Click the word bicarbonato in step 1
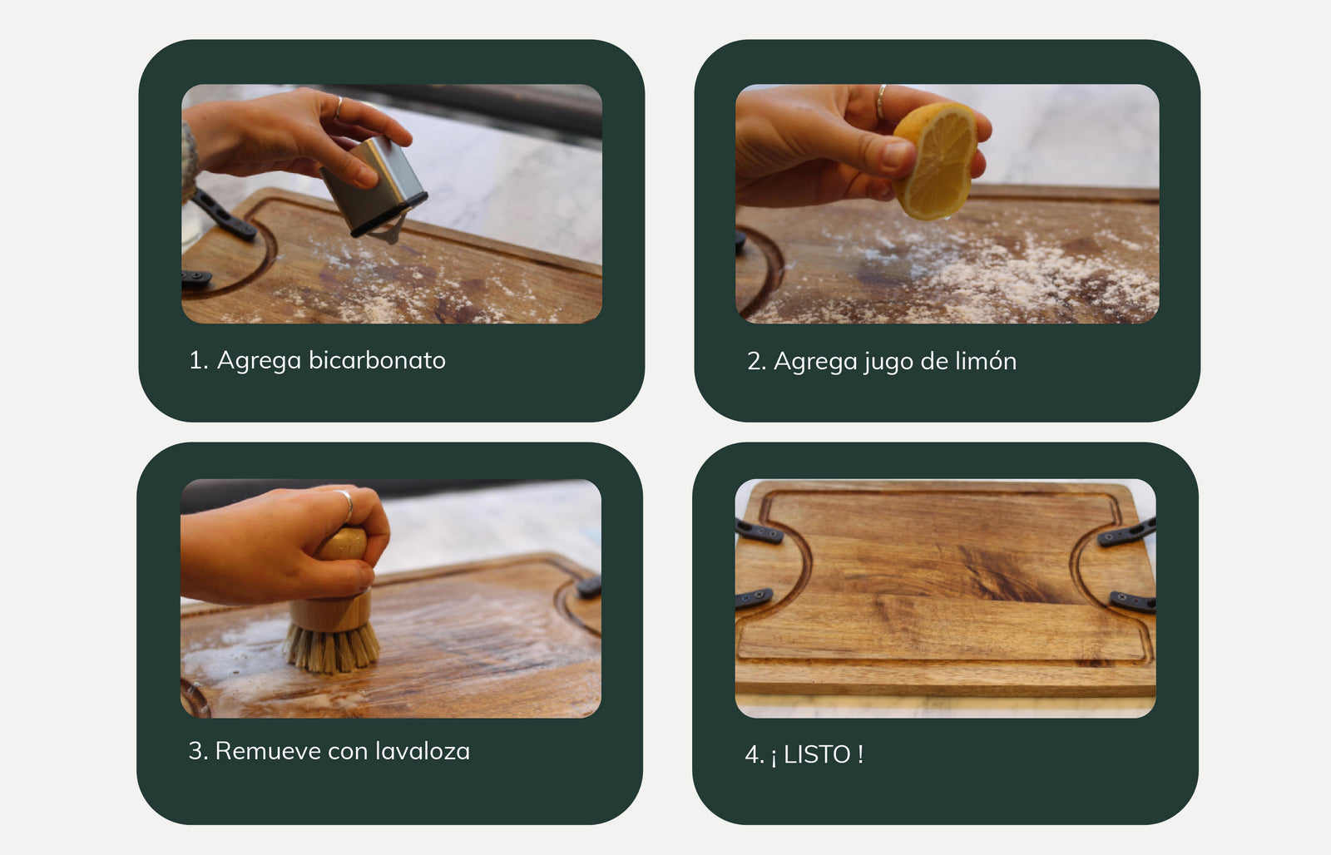point(377,360)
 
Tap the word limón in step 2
point(986,361)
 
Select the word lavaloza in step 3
point(423,750)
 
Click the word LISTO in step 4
point(817,754)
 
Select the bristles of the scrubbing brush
point(332,648)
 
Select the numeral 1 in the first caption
point(194,360)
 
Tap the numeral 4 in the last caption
point(752,755)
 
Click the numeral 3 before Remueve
point(195,750)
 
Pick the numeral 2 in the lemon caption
point(754,361)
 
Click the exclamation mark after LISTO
point(860,754)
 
